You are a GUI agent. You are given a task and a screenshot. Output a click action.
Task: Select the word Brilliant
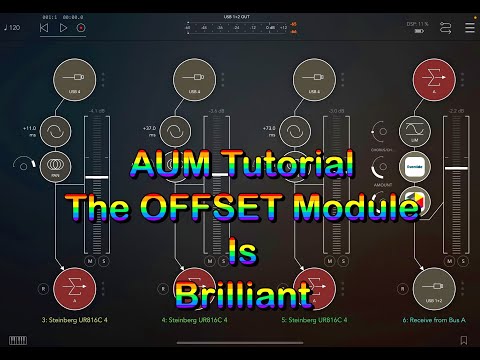point(239,297)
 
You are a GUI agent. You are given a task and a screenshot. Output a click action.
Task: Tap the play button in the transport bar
point(63,28)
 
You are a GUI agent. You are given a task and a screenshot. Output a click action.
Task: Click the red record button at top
point(81,28)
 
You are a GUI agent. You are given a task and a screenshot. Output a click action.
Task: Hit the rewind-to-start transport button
point(44,28)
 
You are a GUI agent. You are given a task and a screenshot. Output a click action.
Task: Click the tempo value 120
point(14,27)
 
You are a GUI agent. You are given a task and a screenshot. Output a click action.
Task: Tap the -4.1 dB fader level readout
point(97,110)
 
